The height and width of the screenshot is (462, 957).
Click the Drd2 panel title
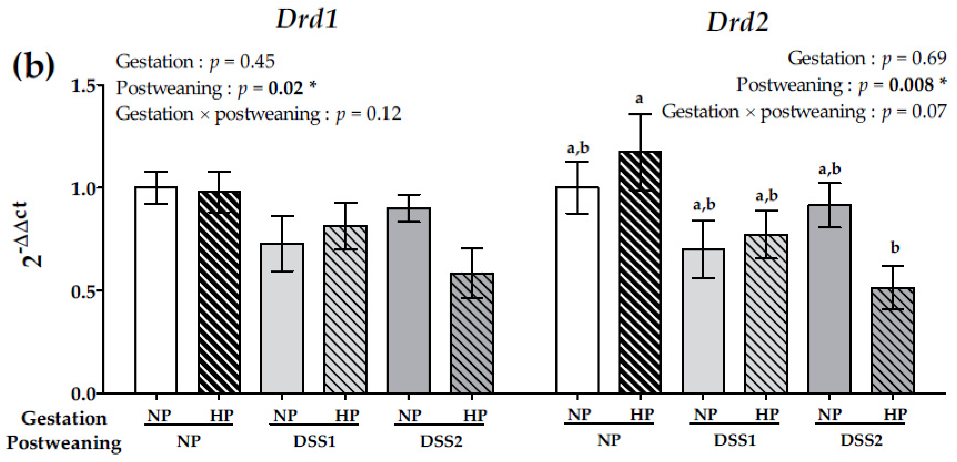pos(737,22)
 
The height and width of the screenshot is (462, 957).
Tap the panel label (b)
pos(34,66)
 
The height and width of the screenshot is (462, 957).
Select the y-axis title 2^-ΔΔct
pos(31,234)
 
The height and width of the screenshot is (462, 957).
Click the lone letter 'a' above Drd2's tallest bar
pos(639,99)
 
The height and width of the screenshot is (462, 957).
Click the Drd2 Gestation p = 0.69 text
pos(867,59)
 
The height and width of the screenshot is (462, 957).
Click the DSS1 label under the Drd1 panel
pos(315,441)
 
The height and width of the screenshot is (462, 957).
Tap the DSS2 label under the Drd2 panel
pos(861,441)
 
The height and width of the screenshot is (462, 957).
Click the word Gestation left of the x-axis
pos(64,418)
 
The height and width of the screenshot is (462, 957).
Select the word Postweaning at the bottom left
pos(64,443)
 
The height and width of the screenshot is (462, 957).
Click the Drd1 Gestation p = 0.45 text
pos(195,62)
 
